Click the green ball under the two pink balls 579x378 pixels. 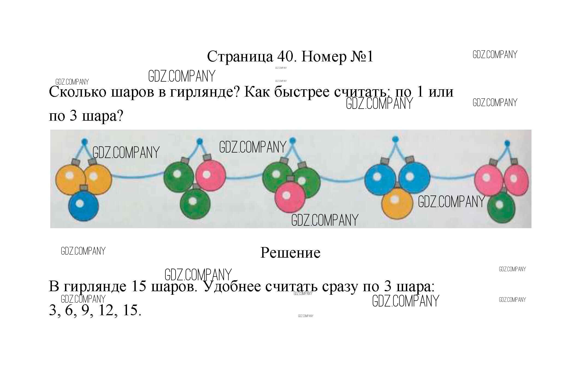[x=501, y=207]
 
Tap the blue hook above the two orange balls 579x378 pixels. [x=85, y=141]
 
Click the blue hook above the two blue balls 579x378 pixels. [x=395, y=139]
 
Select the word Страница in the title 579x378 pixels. [x=240, y=57]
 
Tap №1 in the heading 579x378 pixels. [x=362, y=56]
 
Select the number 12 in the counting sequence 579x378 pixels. [x=106, y=310]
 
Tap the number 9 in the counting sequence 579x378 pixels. [x=86, y=310]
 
